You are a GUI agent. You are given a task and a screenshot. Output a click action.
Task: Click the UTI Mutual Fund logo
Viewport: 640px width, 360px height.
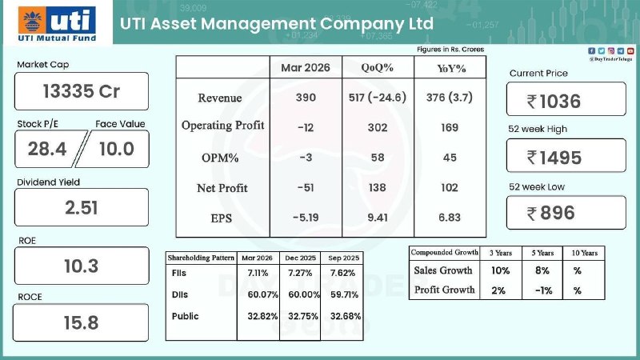point(56,26)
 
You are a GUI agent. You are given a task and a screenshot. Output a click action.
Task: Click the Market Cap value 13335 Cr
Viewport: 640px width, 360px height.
point(81,91)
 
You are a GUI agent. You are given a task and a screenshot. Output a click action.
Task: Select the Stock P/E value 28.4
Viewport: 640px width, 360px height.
point(46,149)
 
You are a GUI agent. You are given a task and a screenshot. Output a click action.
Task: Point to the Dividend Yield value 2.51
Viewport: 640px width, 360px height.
point(81,207)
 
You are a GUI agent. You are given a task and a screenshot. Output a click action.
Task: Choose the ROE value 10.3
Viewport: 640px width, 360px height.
point(81,266)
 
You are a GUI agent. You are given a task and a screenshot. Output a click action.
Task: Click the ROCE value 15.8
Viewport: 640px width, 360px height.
point(81,322)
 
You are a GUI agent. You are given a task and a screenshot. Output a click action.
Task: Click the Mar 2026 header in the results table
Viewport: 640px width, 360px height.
point(305,68)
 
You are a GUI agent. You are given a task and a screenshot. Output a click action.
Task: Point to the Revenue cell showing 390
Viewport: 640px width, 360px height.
point(305,98)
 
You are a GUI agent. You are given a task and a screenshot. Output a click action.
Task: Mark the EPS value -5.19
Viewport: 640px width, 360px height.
point(305,218)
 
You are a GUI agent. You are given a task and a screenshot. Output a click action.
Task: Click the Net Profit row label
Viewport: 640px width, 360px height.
point(222,188)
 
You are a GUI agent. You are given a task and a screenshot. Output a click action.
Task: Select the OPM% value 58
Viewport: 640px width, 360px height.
point(376,158)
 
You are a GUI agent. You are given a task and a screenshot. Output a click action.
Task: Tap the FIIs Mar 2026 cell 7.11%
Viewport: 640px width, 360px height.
point(258,273)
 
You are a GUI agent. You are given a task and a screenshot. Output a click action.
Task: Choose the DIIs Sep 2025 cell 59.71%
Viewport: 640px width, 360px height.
point(339,294)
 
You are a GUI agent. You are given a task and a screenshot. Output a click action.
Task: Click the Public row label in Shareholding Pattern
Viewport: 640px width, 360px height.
point(186,316)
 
